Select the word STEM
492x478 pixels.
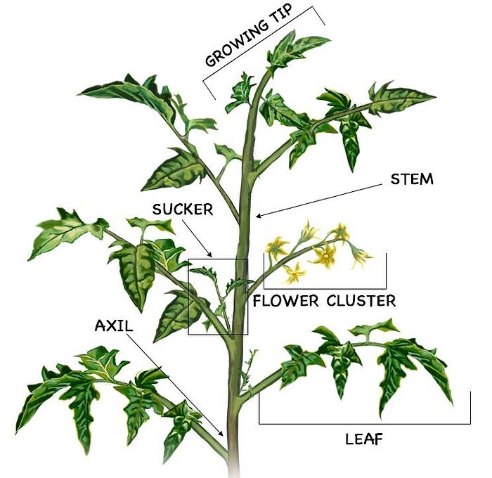(x=412, y=179)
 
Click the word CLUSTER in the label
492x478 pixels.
(x=361, y=302)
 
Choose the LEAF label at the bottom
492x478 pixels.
(x=364, y=440)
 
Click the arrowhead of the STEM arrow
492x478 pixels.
(x=259, y=216)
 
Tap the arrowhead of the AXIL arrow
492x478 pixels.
(x=224, y=435)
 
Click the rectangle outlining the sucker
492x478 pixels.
(x=188, y=295)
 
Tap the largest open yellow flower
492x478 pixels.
(x=325, y=256)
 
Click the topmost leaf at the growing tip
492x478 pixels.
(x=295, y=46)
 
